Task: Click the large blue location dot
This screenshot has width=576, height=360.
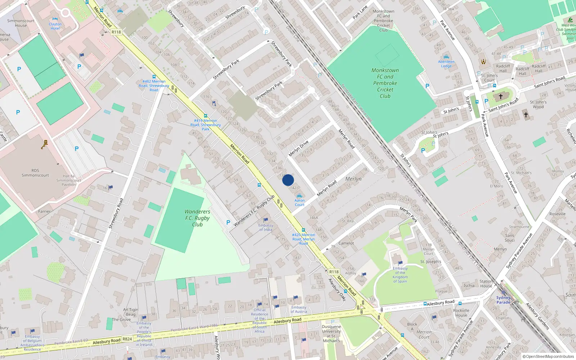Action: [288, 180]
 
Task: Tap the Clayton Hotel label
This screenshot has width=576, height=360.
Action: [55, 26]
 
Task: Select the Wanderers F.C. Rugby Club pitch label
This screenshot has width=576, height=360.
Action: [197, 218]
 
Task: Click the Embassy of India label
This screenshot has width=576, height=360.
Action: [266, 228]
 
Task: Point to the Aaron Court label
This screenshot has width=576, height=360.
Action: [300, 203]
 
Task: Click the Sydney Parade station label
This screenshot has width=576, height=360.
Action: [503, 300]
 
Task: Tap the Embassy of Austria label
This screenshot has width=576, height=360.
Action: [299, 309]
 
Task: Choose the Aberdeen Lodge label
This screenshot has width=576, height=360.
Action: [446, 64]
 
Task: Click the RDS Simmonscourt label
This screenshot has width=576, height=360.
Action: [35, 173]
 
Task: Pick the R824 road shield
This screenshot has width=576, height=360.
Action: [127, 339]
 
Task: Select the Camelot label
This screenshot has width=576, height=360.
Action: [346, 243]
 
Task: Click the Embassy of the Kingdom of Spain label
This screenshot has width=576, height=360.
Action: [400, 275]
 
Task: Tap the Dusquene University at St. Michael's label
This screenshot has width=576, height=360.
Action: [331, 334]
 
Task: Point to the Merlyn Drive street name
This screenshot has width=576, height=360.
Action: [298, 148]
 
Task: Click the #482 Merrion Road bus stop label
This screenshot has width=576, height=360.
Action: [154, 86]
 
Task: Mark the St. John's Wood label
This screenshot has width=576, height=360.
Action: [538, 104]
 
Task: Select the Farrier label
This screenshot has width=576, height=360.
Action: [45, 211]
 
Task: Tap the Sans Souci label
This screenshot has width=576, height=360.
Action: [509, 238]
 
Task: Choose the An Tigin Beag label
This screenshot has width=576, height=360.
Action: [131, 312]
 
